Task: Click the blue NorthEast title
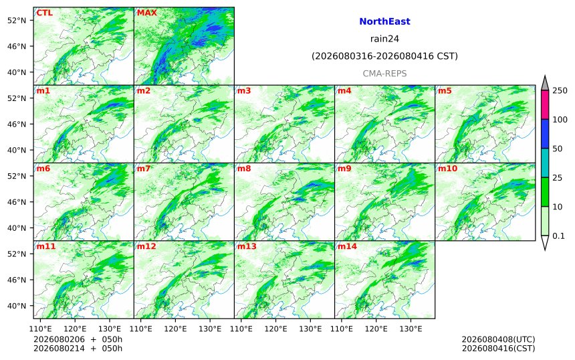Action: coord(384,21)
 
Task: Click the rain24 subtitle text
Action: coord(384,39)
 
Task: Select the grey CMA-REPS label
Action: coord(384,74)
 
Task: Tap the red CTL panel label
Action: coord(44,13)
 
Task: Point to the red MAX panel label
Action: coord(146,13)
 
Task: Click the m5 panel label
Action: coord(445,90)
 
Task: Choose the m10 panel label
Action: coord(447,169)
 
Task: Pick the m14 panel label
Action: coord(347,246)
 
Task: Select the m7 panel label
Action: coord(144,169)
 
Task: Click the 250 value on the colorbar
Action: coord(560,90)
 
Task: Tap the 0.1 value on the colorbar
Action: coord(558,236)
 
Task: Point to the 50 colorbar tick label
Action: coord(557,149)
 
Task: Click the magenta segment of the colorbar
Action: coord(545,104)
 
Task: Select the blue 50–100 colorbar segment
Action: coord(545,134)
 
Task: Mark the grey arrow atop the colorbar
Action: coord(545,83)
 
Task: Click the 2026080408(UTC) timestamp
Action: coord(498,339)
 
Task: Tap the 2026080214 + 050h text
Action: coord(78,348)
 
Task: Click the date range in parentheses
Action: coord(384,56)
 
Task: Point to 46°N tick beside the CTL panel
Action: coord(17,46)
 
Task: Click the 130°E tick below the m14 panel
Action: coord(411,329)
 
